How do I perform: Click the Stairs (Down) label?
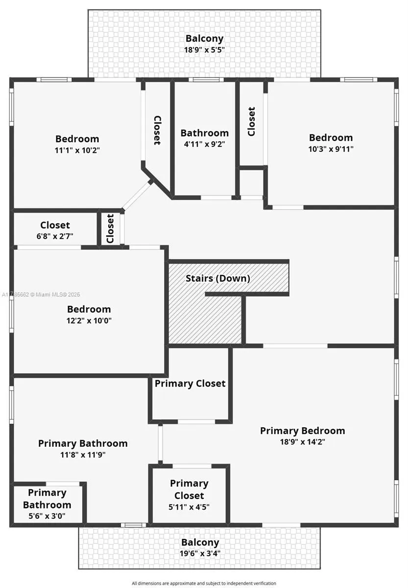(218, 278)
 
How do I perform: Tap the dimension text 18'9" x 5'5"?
(204, 49)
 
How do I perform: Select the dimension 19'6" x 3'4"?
(200, 553)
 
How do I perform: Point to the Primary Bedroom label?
(303, 431)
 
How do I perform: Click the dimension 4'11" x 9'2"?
(204, 144)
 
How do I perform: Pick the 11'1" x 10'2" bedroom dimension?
(77, 150)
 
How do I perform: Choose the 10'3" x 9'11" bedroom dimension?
(331, 149)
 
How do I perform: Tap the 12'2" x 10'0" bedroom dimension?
(89, 320)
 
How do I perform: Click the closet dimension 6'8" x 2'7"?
(55, 236)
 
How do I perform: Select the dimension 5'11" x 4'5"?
(189, 507)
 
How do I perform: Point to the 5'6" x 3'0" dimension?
(47, 516)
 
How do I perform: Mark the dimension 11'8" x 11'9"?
(83, 455)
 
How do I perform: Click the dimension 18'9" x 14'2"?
(303, 442)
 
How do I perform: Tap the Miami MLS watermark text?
(41, 294)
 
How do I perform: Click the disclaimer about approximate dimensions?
(204, 583)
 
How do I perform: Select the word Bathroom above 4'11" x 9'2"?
(204, 133)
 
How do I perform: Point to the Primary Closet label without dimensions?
(190, 384)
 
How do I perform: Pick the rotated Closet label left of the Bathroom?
(157, 130)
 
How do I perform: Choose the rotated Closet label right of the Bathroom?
(251, 122)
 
